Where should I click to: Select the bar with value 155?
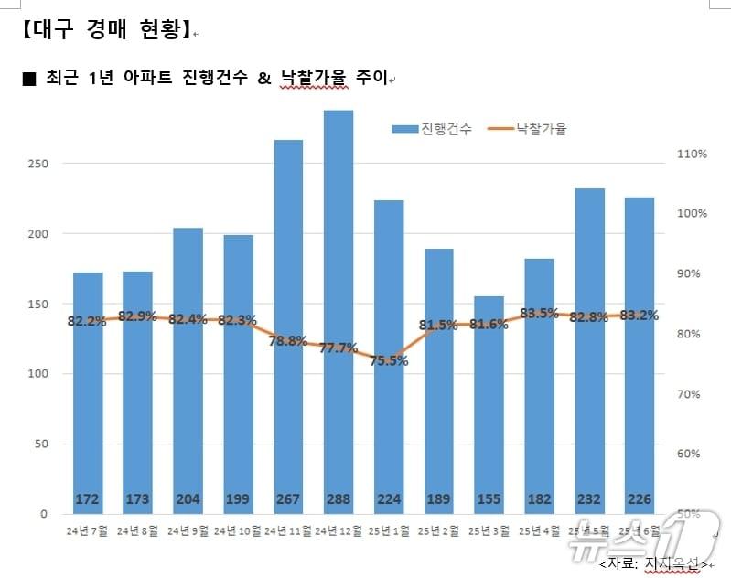[x=489, y=402]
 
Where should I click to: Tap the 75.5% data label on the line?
[x=389, y=360]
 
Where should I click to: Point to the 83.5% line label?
[x=539, y=313]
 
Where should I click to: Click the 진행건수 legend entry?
[x=433, y=129]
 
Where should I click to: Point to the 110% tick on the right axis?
[x=692, y=154]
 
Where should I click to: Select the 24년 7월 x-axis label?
[x=87, y=530]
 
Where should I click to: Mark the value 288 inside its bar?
[x=339, y=499]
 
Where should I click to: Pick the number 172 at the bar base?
[x=88, y=499]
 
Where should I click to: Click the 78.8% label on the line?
[x=288, y=341]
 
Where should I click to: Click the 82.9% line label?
[x=137, y=316]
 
